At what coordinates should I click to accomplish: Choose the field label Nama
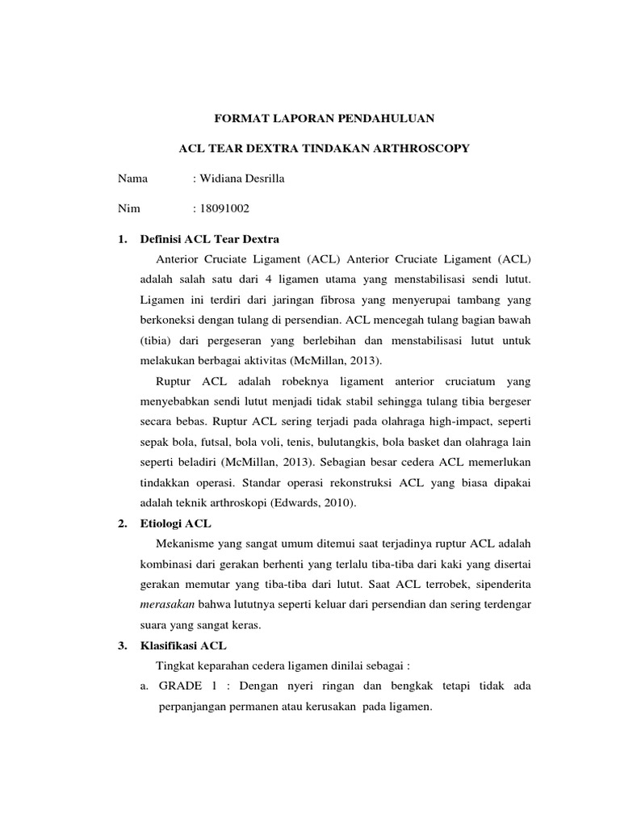pyautogui.click(x=133, y=178)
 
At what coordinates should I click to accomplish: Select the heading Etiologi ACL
pyautogui.click(x=175, y=523)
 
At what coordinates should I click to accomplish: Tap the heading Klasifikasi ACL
pyautogui.click(x=183, y=645)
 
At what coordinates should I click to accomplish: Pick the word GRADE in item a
pyautogui.click(x=182, y=686)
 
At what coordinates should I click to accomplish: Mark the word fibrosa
pyautogui.click(x=324, y=300)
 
